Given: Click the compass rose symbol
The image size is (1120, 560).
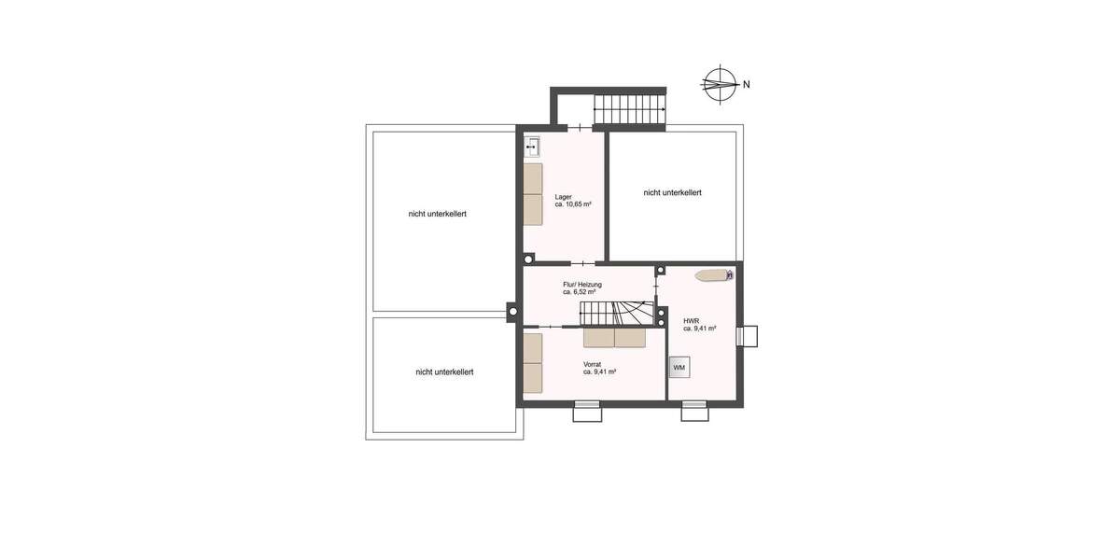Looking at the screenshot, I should (718, 84).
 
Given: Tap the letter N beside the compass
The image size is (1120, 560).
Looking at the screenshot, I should (747, 85).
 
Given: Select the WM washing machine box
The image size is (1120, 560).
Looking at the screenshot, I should (679, 368).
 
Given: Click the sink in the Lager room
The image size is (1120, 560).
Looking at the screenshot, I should (533, 146).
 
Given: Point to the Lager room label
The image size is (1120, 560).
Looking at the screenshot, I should (563, 197).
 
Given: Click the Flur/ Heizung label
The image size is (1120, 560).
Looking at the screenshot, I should (581, 284).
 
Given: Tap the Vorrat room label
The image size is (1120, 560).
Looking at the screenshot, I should (592, 364).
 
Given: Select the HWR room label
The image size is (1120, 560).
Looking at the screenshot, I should (691, 320).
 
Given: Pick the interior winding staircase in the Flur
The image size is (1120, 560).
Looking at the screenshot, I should (616, 313).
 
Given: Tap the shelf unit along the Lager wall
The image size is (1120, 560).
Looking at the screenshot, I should (533, 194).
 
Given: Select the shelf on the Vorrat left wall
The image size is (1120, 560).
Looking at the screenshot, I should (533, 363).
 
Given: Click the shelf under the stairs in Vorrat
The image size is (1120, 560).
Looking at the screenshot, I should (614, 338).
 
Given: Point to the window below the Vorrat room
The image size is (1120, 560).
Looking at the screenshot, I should (587, 411).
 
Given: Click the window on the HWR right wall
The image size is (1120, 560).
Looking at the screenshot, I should (748, 336).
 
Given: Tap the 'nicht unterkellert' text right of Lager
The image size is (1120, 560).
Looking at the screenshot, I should (672, 192).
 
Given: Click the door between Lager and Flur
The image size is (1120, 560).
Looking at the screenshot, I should (578, 262).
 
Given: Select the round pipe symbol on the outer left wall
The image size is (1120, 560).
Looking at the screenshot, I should (512, 312).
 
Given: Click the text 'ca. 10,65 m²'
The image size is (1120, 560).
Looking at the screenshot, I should (573, 204).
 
